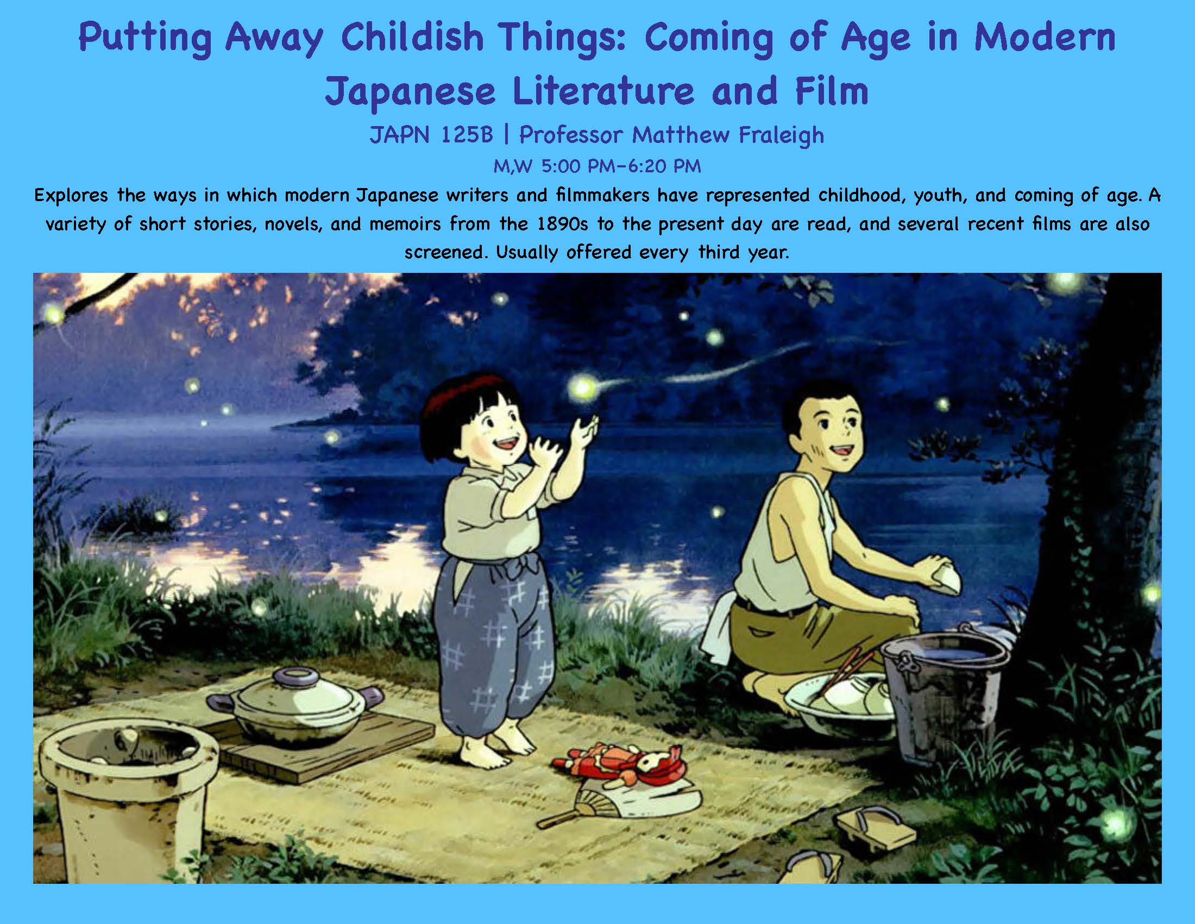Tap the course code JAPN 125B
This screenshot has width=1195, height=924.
click(x=431, y=135)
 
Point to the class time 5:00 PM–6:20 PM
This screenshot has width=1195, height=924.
click(x=621, y=166)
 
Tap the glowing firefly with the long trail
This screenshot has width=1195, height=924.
click(x=583, y=387)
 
